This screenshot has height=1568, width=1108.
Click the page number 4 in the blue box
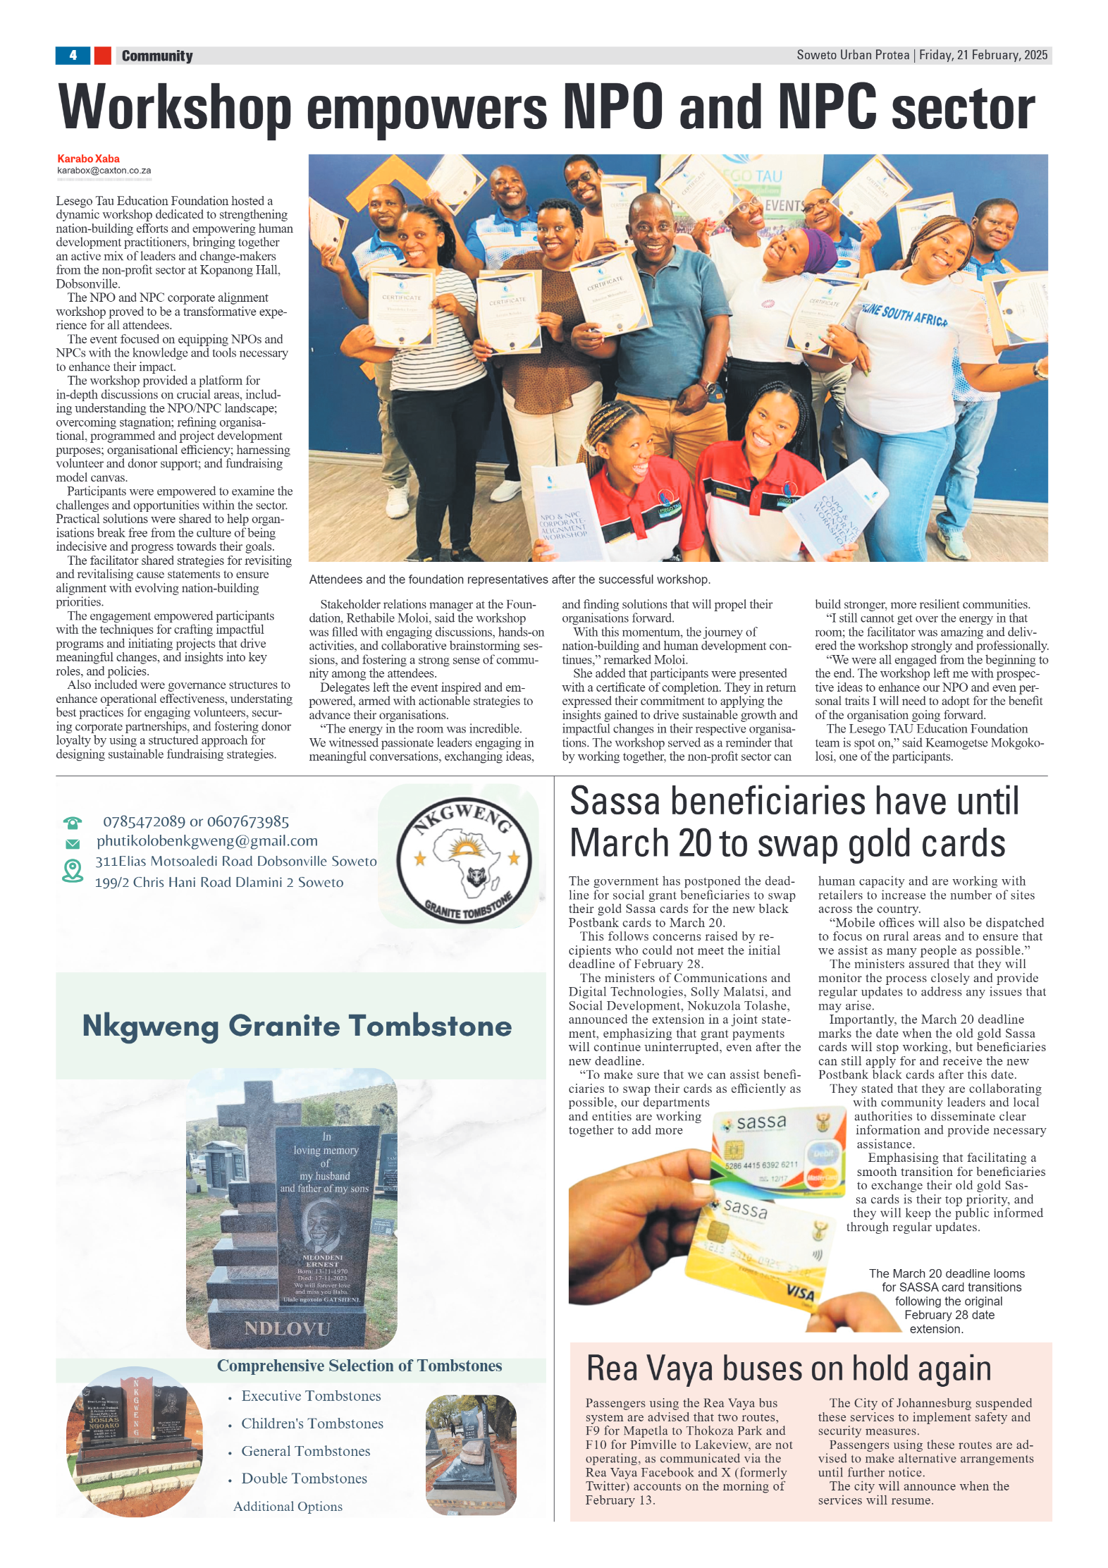click(x=73, y=55)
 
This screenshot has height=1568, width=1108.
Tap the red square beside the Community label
click(x=102, y=55)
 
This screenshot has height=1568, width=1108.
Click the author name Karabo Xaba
click(x=88, y=159)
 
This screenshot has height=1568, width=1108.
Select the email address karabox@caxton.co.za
click(x=104, y=171)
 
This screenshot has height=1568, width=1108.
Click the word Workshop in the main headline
click(x=174, y=108)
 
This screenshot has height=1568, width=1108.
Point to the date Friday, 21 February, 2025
click(x=983, y=55)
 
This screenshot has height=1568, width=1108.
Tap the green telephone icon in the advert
click(x=72, y=823)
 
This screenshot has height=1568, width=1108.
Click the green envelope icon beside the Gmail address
click(x=72, y=843)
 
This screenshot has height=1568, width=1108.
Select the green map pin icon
click(x=72, y=871)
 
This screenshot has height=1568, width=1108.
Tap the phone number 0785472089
click(x=144, y=821)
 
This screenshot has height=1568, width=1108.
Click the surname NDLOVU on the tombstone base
click(x=287, y=1328)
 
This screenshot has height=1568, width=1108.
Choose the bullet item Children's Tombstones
click(x=312, y=1423)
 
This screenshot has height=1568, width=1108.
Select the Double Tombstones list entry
click(x=304, y=1478)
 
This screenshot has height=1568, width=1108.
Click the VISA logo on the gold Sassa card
click(x=799, y=1292)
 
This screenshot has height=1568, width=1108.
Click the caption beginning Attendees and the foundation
click(x=509, y=580)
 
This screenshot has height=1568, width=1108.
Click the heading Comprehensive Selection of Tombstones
click(x=359, y=1366)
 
